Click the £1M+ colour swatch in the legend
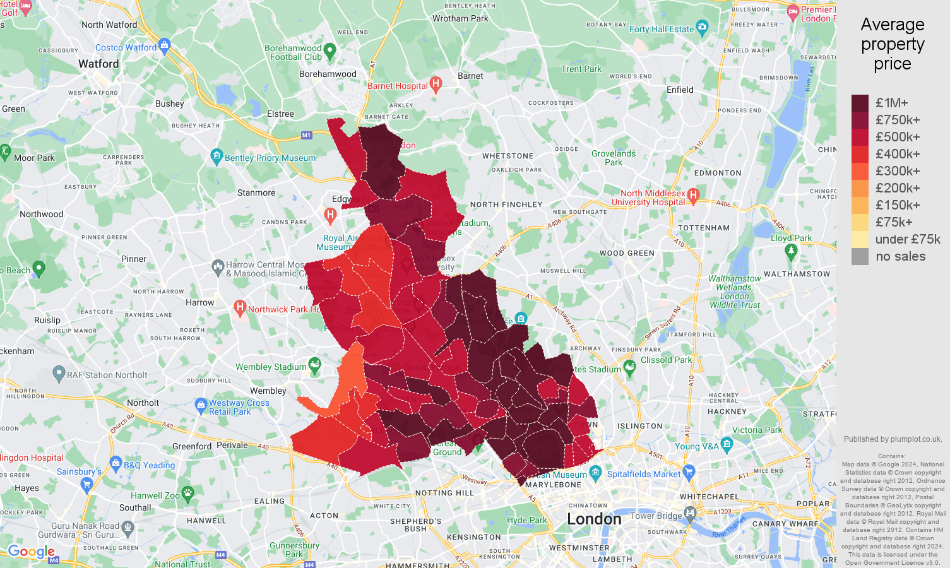(860, 103)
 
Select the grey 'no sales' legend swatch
(860, 256)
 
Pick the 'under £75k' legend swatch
(860, 239)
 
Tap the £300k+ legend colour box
(860, 171)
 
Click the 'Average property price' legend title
(892, 44)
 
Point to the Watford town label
(98, 64)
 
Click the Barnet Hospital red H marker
(436, 85)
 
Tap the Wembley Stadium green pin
(314, 365)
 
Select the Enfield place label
(680, 90)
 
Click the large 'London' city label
(594, 519)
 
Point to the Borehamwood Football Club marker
(330, 50)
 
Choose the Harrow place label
(200, 302)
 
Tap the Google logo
(32, 552)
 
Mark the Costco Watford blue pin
(165, 45)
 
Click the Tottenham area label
(703, 228)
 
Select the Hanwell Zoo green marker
(187, 493)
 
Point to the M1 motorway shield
(306, 135)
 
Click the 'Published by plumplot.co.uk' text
(893, 439)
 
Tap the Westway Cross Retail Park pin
(201, 404)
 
